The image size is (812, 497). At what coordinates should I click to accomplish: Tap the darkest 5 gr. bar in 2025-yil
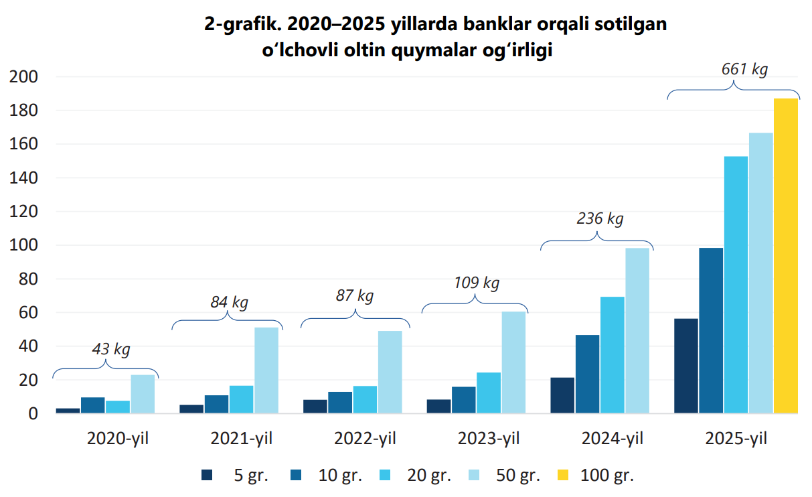(x=686, y=366)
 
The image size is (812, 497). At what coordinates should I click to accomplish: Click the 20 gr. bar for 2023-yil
(x=489, y=393)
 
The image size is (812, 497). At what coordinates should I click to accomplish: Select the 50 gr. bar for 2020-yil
(x=143, y=394)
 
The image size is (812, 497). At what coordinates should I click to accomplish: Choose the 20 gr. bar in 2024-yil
(x=613, y=355)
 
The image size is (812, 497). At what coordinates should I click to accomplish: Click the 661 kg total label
(x=744, y=70)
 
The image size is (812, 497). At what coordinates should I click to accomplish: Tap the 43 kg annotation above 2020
(x=110, y=349)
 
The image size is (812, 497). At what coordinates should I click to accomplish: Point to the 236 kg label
(x=600, y=218)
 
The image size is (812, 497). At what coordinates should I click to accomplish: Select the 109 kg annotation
(x=476, y=283)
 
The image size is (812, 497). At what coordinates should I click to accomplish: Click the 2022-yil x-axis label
(x=365, y=439)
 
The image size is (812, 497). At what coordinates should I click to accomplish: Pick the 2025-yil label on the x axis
(x=736, y=439)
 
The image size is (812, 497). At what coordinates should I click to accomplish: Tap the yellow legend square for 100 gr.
(x=563, y=476)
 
